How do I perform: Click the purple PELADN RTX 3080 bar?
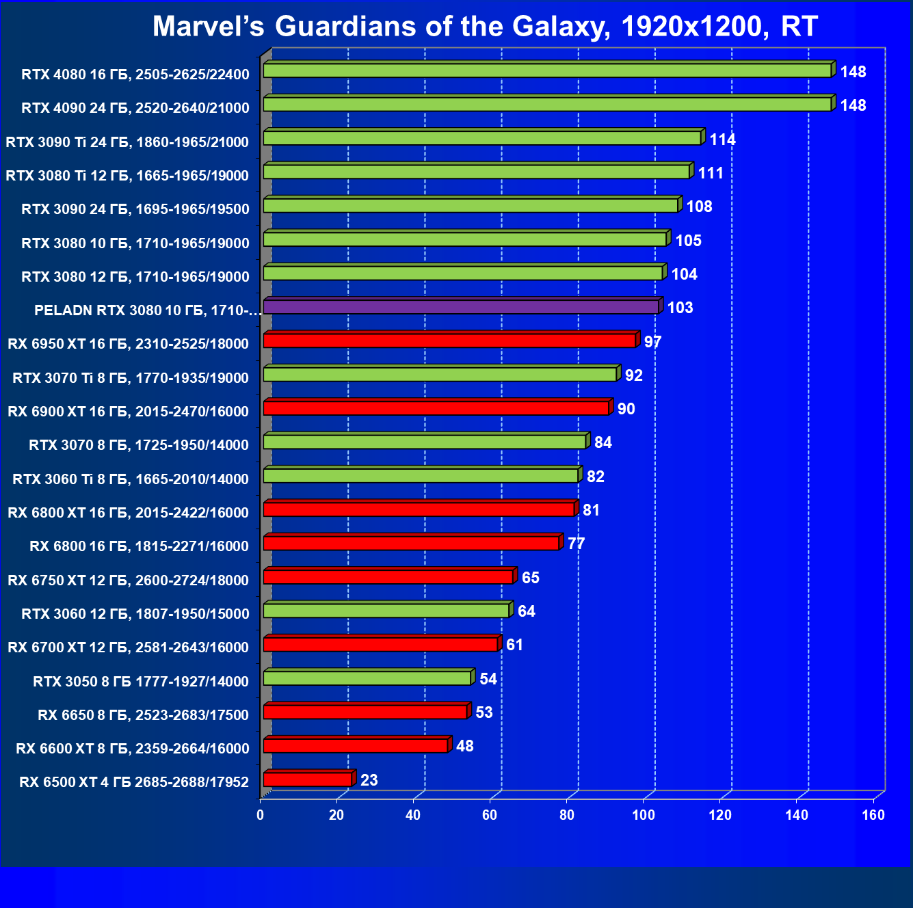coord(461,307)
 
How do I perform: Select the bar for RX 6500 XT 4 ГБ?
coord(308,779)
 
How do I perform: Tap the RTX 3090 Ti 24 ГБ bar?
coord(482,139)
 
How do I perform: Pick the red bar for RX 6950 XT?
coord(449,340)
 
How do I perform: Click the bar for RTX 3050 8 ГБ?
coord(367,678)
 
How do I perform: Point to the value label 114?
coord(722,139)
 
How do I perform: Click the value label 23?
coord(369,780)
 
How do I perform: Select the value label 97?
coord(653,342)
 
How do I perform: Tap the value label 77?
coord(577,544)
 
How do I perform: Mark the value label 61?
coord(514,645)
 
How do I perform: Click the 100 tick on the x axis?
coord(644,815)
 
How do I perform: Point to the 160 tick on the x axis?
coord(873,815)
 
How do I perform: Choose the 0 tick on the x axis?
coord(260,815)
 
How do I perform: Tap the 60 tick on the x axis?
coord(490,815)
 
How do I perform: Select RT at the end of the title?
coord(799,27)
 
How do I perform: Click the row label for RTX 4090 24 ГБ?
coord(135,108)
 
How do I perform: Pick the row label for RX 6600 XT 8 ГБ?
coord(133,749)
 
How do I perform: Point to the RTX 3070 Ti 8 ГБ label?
coord(131,378)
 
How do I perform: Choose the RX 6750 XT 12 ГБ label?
coord(129,580)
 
